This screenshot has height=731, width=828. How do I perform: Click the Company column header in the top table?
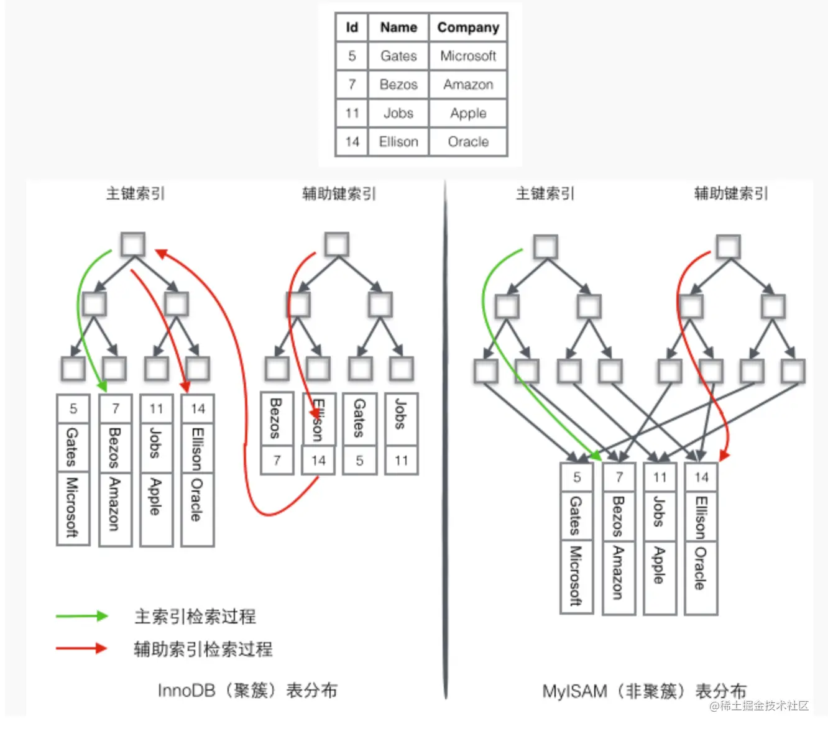click(x=468, y=27)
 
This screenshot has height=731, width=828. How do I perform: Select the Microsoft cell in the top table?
click(x=468, y=56)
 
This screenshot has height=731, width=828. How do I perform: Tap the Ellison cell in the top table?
click(x=398, y=142)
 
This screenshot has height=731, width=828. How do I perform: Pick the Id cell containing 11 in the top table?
click(x=352, y=113)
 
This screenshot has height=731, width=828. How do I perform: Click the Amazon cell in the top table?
click(x=468, y=85)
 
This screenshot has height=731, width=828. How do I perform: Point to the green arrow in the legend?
click(x=81, y=616)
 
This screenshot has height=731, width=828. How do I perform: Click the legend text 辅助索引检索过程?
click(x=203, y=649)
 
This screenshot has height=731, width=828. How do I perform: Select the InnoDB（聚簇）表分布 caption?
click(x=247, y=690)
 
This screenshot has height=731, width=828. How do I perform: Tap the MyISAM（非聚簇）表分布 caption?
click(x=644, y=691)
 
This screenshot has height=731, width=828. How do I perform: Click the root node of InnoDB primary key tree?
click(x=133, y=244)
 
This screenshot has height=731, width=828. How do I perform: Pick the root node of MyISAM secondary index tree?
click(x=728, y=247)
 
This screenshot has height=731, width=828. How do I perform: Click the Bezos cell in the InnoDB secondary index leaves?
click(x=277, y=418)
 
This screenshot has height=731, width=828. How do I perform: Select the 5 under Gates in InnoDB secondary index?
click(x=360, y=461)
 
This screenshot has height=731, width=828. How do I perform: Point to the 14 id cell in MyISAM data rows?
click(x=701, y=477)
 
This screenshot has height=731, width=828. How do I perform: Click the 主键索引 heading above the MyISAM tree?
click(x=545, y=193)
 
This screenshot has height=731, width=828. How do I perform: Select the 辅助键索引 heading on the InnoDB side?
click(x=339, y=193)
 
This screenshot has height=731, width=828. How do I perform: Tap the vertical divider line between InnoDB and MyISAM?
click(x=445, y=435)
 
